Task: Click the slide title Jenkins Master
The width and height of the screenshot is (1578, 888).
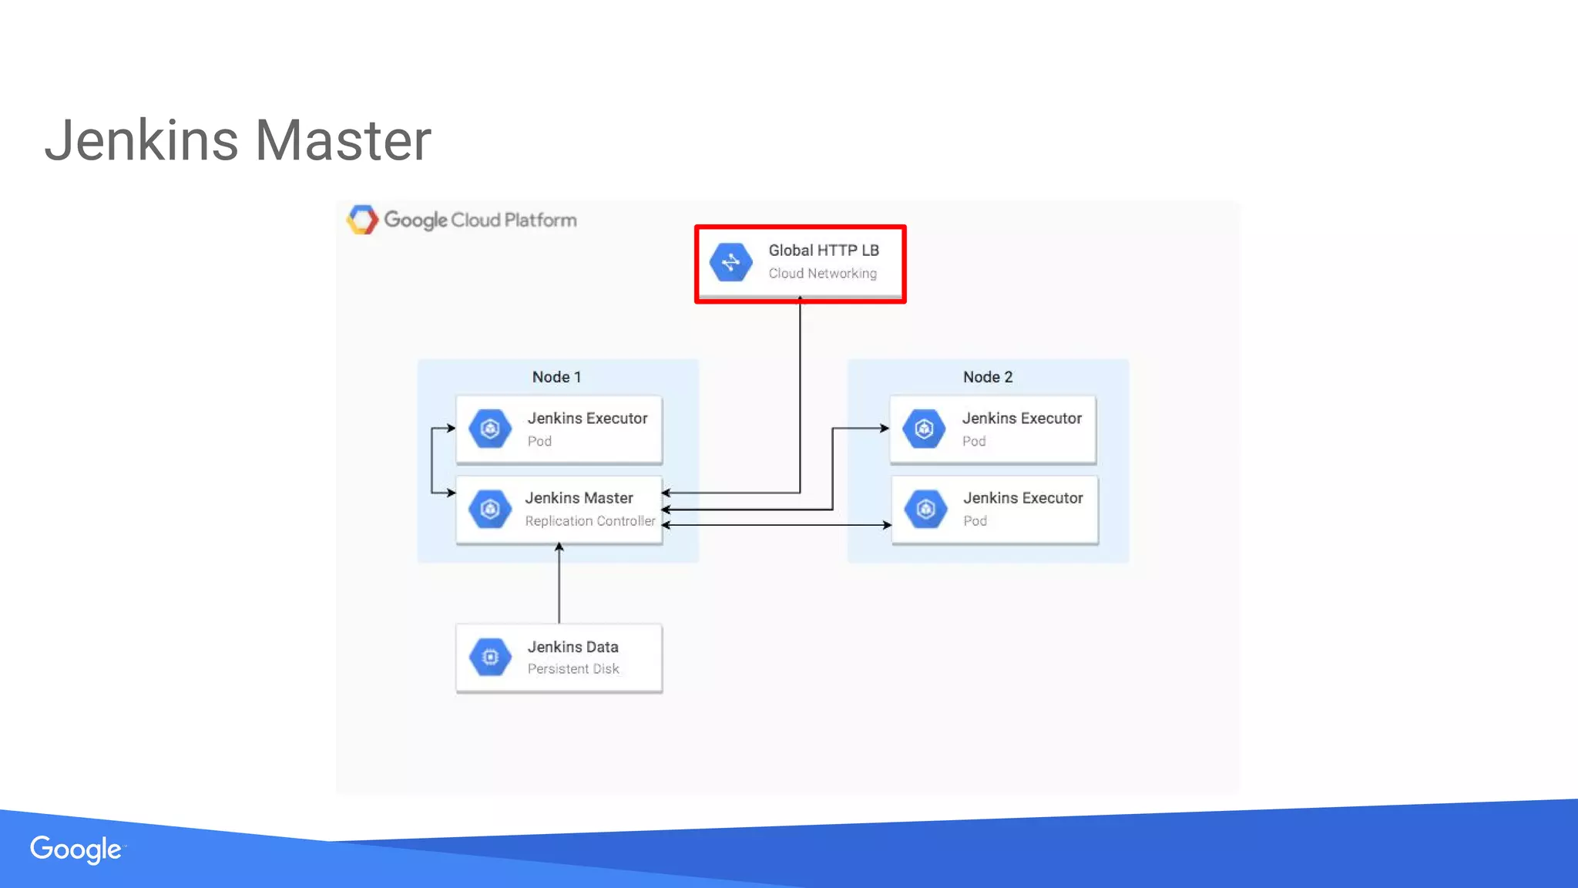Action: point(237,140)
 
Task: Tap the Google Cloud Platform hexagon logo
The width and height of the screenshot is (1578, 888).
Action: point(362,220)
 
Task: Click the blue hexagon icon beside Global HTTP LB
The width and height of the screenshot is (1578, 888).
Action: point(730,262)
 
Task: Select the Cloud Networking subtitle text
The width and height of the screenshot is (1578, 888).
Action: point(822,274)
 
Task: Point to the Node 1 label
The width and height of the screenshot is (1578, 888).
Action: point(556,377)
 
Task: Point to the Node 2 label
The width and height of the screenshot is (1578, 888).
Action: point(987,377)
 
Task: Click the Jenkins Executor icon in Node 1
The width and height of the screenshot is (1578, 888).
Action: point(490,429)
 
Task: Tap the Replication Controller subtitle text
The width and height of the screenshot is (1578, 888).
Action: point(589,521)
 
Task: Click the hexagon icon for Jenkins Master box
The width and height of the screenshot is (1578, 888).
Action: point(490,509)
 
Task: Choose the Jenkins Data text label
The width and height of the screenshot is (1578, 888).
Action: point(572,647)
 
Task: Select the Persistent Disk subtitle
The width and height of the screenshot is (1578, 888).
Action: point(573,669)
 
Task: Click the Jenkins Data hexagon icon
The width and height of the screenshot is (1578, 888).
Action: point(490,657)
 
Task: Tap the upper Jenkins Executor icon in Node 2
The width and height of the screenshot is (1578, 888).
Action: point(924,429)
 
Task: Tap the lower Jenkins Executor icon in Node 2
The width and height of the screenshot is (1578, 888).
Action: point(925,509)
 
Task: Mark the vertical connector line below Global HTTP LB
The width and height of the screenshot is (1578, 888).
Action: point(800,393)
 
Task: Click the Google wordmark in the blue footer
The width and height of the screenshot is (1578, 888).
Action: point(76,849)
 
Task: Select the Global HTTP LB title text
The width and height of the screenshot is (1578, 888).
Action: point(823,251)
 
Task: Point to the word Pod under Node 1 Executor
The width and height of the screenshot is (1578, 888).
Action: point(539,442)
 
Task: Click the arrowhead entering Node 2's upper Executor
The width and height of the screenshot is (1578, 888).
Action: point(885,428)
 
